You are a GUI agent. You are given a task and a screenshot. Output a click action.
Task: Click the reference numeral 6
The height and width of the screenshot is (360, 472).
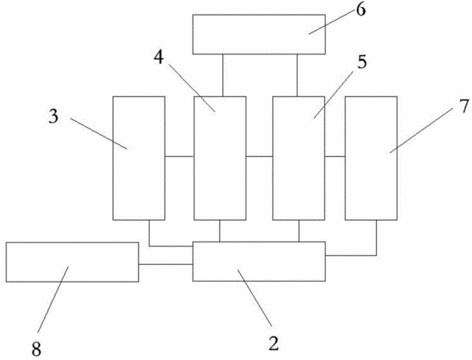coord(361,10)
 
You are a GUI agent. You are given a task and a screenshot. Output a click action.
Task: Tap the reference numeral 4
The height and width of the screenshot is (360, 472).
coord(158,58)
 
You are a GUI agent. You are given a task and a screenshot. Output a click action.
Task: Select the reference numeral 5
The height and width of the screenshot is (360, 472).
coord(362,62)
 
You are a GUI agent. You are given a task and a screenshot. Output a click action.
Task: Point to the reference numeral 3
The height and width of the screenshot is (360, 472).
coord(54,117)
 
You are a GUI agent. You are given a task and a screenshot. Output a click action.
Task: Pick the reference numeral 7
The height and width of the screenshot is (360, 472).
coord(464,106)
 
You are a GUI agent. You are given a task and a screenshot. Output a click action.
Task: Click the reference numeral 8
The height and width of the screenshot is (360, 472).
coord(36,350)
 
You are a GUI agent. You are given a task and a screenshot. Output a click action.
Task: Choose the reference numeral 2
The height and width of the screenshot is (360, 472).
coord(274,343)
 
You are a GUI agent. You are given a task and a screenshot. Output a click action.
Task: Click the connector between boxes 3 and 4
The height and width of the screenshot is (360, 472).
coord(179,156)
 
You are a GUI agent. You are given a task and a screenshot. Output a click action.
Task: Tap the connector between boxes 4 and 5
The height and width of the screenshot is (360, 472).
coord(259,156)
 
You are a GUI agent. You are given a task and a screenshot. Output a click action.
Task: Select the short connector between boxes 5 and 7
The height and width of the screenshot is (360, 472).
coord(334,156)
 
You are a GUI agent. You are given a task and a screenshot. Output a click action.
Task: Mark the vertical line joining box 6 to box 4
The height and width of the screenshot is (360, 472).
coord(222,75)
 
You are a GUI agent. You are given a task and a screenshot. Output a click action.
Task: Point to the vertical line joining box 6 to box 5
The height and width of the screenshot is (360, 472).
coord(297,75)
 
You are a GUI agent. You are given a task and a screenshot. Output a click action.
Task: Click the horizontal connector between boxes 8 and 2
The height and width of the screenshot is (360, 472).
coord(166,264)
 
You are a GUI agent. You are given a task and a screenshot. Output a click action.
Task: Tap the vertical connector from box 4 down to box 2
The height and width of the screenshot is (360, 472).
coord(219,231)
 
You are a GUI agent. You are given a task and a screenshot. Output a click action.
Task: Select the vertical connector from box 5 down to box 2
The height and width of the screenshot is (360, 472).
coord(299,231)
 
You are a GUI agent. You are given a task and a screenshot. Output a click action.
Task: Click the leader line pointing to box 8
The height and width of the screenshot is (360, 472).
coord(53,299)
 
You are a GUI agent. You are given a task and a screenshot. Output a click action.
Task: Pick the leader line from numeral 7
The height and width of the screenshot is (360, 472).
coord(422,130)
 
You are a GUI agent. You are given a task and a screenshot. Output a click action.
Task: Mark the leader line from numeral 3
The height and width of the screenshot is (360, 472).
coord(98,134)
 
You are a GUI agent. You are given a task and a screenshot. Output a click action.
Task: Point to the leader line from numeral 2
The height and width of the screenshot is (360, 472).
coord(254,298)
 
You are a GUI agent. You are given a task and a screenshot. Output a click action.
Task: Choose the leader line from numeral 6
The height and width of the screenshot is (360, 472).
coord(331,23)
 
